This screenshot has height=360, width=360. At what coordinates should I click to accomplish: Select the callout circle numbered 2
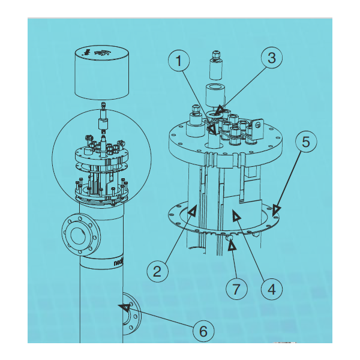[158, 271]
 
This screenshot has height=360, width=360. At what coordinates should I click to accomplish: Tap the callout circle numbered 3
[272, 59]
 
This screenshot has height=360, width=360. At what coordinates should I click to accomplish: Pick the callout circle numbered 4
[271, 289]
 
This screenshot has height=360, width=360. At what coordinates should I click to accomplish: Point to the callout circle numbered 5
[305, 144]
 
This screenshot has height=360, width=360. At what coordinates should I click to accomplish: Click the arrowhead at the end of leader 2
[193, 211]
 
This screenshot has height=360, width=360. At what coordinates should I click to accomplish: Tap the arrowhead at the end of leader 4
[236, 216]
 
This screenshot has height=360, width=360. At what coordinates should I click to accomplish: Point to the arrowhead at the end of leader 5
[275, 209]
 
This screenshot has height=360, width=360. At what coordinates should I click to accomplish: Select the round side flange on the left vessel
[76, 233]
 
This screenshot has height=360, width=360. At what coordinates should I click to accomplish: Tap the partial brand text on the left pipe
[121, 262]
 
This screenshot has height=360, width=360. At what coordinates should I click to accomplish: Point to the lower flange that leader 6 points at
[131, 312]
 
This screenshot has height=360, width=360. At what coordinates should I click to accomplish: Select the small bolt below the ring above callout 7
[229, 238]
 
